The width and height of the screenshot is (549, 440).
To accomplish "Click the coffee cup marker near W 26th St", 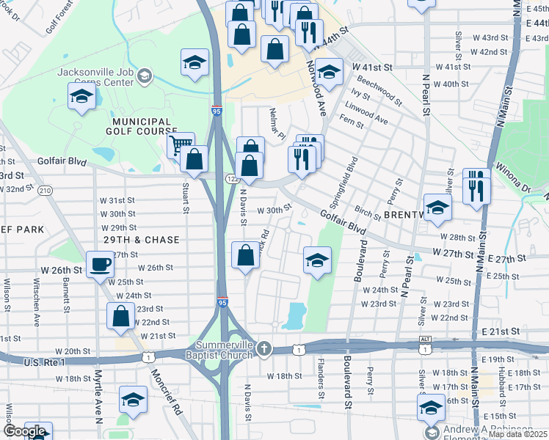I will (x=100, y=265).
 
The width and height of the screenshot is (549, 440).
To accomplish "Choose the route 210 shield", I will (x=45, y=191).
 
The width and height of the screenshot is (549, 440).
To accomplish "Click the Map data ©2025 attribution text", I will (x=518, y=434).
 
